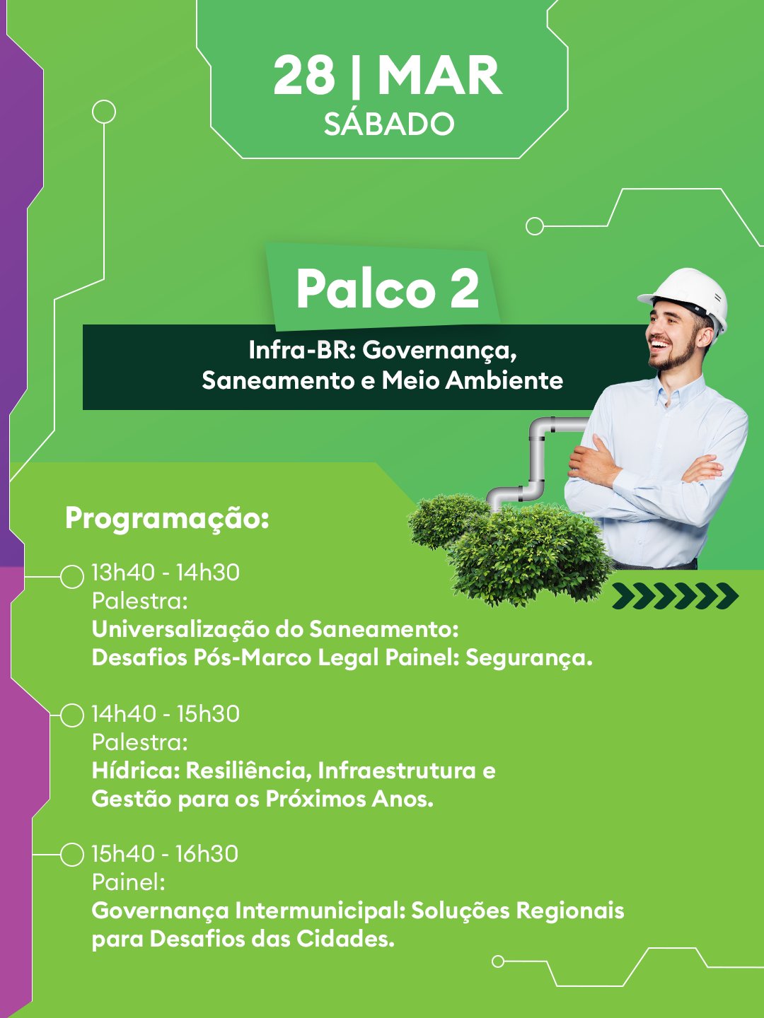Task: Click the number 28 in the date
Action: click(x=304, y=76)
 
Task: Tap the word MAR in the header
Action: click(x=440, y=76)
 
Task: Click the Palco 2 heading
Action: click(x=388, y=288)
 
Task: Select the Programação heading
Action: click(x=168, y=518)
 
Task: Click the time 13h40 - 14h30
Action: click(x=166, y=573)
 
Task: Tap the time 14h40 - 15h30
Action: click(x=166, y=714)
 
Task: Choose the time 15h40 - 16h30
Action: click(x=165, y=854)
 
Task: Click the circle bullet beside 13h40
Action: click(x=72, y=577)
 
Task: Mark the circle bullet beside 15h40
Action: click(x=72, y=854)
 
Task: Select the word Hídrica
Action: click(x=135, y=771)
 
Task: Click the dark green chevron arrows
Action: click(x=676, y=596)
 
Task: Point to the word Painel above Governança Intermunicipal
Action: click(x=129, y=882)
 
